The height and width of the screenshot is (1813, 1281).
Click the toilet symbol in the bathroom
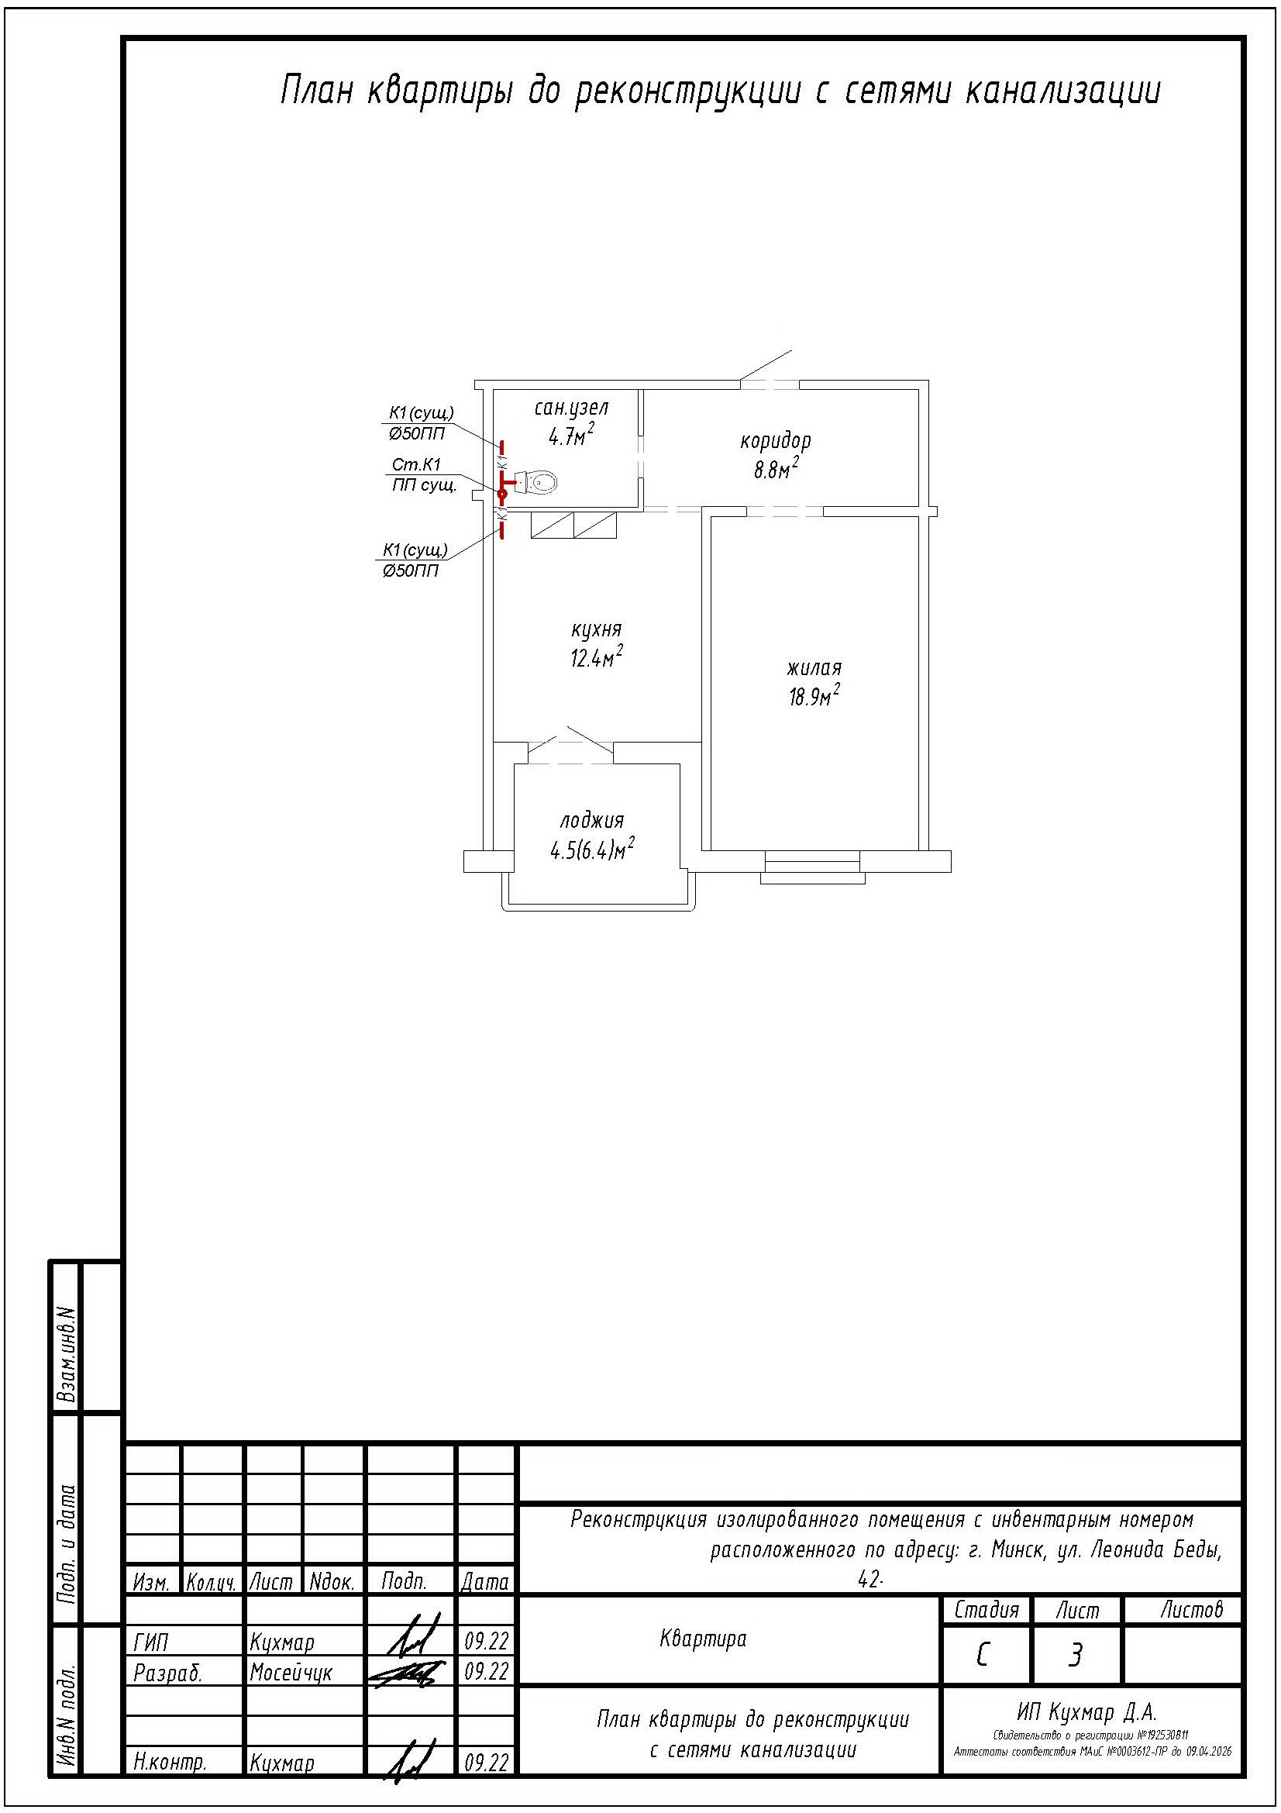[x=535, y=481]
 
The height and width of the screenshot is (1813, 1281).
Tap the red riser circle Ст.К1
[x=502, y=494]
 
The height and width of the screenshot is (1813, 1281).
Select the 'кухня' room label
[x=596, y=629]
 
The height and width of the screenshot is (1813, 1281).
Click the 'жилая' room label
[x=814, y=668]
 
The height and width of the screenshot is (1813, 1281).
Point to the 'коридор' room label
[x=775, y=440]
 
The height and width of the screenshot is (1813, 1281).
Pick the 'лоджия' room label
[x=592, y=820]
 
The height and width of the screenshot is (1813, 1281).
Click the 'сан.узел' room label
[x=571, y=408]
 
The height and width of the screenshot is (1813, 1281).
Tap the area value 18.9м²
[x=814, y=697]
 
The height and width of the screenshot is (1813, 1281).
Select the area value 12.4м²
[x=596, y=657]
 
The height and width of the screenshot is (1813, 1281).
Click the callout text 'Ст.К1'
[x=416, y=465]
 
